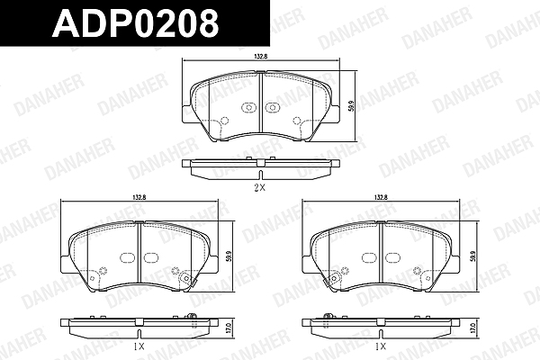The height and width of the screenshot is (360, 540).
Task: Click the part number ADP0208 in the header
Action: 135,23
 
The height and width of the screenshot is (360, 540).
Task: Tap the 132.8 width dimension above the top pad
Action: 261,57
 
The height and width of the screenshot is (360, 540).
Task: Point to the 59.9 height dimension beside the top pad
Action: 351,105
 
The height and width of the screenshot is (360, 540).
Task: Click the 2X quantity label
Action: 259,188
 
